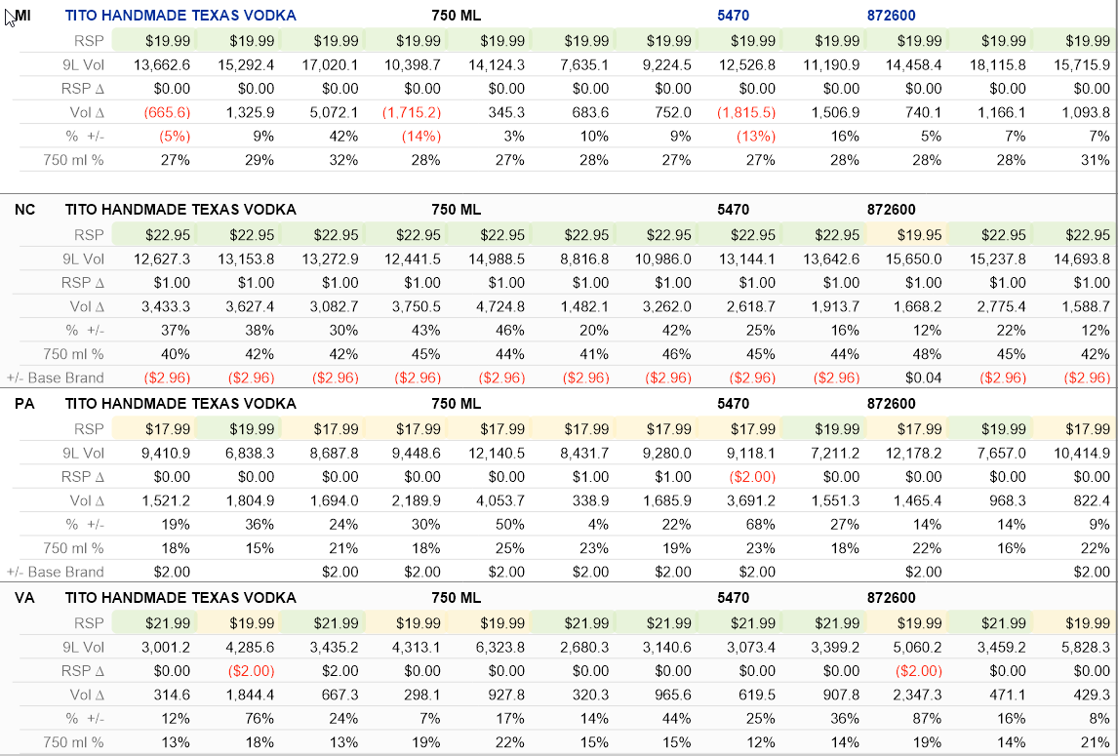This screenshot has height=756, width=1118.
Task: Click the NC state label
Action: click(x=25, y=210)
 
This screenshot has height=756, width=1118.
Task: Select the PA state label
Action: click(x=25, y=404)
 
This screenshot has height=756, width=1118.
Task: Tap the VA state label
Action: click(x=25, y=598)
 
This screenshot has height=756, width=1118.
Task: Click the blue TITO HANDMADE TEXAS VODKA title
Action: click(x=180, y=16)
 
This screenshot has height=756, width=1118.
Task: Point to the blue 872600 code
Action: click(x=892, y=16)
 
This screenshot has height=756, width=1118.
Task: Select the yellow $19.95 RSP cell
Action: click(x=918, y=235)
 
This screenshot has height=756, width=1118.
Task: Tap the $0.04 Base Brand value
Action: click(x=923, y=378)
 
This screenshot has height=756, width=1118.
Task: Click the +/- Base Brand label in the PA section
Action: click(x=56, y=572)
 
